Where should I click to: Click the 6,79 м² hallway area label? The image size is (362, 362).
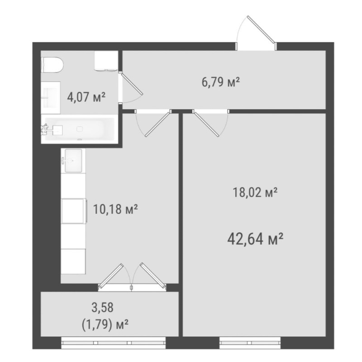click(221, 82)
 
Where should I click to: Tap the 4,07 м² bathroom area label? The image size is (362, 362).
click(86, 97)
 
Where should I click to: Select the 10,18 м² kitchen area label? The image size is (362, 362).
click(115, 209)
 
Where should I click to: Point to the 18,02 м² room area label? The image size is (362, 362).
click(255, 192)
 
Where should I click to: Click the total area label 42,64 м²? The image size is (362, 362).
click(255, 239)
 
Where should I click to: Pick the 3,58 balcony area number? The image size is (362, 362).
click(103, 308)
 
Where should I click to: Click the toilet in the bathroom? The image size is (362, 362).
click(52, 65)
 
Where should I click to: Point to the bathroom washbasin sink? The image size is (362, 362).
click(51, 98)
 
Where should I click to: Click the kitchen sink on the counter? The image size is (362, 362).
click(73, 161)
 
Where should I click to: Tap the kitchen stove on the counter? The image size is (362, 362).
click(74, 211)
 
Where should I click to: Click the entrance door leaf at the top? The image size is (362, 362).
click(262, 29)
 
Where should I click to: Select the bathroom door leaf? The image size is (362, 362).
click(132, 84)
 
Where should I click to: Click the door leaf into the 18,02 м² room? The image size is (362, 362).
click(205, 124)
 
